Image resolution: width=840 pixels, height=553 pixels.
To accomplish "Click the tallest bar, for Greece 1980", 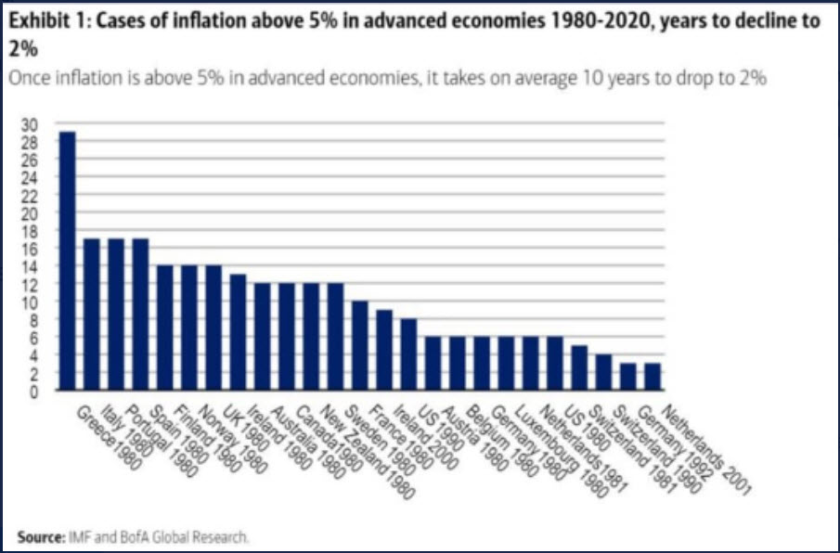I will (x=68, y=261).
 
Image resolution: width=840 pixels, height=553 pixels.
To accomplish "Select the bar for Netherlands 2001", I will (x=652, y=377).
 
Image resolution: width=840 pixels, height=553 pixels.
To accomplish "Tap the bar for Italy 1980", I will (x=92, y=314).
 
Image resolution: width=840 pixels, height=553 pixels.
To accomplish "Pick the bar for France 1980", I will (x=384, y=350).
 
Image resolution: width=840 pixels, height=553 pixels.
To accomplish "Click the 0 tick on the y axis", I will (x=34, y=391).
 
